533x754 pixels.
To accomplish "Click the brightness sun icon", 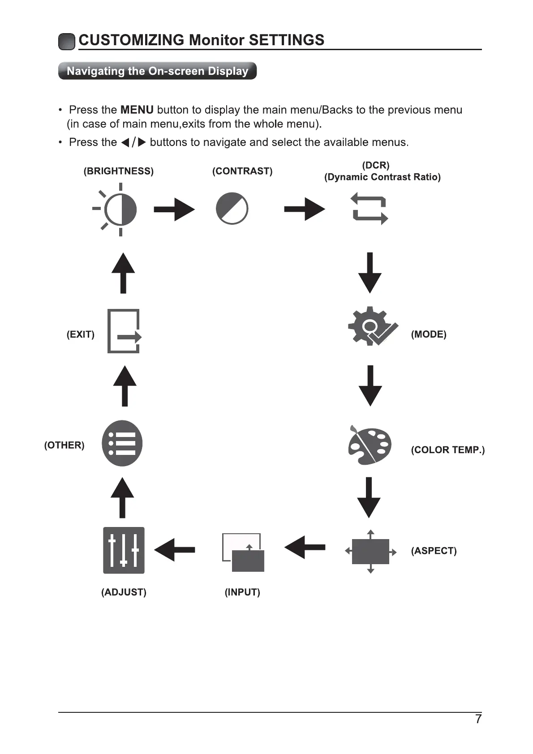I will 117,209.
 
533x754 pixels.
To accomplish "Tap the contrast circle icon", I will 232,209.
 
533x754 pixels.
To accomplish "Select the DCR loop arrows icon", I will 370,209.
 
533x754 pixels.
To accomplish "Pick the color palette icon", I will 370,445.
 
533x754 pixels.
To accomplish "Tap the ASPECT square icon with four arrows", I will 370,552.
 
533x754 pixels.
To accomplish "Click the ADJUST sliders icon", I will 124,550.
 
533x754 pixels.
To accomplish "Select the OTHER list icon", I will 122,443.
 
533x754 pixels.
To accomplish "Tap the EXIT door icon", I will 124,331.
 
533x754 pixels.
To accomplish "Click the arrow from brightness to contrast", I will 174,209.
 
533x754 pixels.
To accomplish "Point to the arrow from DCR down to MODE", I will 370,273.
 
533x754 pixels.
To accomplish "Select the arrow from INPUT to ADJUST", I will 175,549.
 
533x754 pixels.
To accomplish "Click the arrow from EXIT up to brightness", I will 123,273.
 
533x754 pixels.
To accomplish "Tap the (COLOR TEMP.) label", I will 447,450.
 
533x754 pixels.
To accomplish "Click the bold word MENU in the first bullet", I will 137,110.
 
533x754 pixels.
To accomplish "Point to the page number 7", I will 478,719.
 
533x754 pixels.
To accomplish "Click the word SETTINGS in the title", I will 286,40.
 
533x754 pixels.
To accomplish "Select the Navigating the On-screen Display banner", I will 157,71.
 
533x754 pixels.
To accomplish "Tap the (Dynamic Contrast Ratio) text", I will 382,177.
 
